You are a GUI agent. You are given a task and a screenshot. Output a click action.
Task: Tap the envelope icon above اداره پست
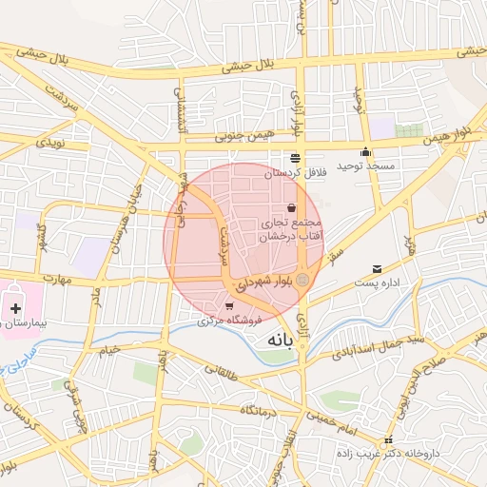pos(377,269)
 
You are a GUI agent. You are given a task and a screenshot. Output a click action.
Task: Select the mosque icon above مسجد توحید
pos(365,152)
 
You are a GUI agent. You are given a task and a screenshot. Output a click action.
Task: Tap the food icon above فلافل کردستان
pos(295,158)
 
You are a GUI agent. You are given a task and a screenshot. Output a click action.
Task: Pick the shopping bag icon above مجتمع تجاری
pos(290,207)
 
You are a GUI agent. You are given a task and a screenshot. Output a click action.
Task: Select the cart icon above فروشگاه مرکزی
pos(230,306)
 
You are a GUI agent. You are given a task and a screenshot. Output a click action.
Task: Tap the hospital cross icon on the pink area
pos(15,307)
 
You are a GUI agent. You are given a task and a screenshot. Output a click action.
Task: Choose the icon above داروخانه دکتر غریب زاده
pos(388,439)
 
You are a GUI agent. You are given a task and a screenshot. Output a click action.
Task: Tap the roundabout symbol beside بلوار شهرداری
pos(302,279)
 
